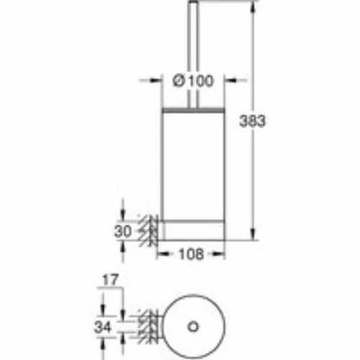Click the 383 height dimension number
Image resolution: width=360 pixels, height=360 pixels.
[253, 121]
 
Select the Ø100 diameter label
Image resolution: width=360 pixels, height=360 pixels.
[193, 81]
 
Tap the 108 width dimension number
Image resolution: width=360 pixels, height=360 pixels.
[192, 254]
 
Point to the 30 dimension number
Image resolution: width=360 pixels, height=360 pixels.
[123, 232]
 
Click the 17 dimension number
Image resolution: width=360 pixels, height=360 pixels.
[110, 280]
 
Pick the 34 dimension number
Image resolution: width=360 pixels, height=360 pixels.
[103, 327]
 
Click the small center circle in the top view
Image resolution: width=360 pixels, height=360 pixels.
[193, 327]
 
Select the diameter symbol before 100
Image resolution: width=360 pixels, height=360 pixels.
[179, 81]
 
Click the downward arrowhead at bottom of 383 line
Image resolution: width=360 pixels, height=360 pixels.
[253, 233]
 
